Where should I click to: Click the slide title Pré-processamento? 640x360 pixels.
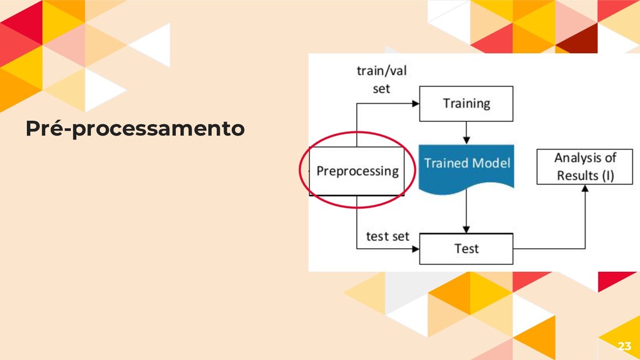[135, 129]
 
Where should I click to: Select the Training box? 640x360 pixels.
[466, 104]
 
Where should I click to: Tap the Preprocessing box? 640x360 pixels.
[357, 171]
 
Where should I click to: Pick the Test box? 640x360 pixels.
[466, 249]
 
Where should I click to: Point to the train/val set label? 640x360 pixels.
[381, 79]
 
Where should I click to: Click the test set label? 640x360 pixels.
[387, 236]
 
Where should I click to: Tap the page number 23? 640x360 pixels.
[624, 346]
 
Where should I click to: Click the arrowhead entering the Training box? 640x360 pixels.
[415, 104]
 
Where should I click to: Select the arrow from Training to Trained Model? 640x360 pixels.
[466, 132]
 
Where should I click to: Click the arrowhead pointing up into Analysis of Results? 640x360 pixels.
[585, 188]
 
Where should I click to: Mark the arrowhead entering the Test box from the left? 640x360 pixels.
[415, 249]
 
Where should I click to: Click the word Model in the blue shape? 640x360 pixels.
[491, 163]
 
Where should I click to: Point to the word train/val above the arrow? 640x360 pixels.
[381, 71]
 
